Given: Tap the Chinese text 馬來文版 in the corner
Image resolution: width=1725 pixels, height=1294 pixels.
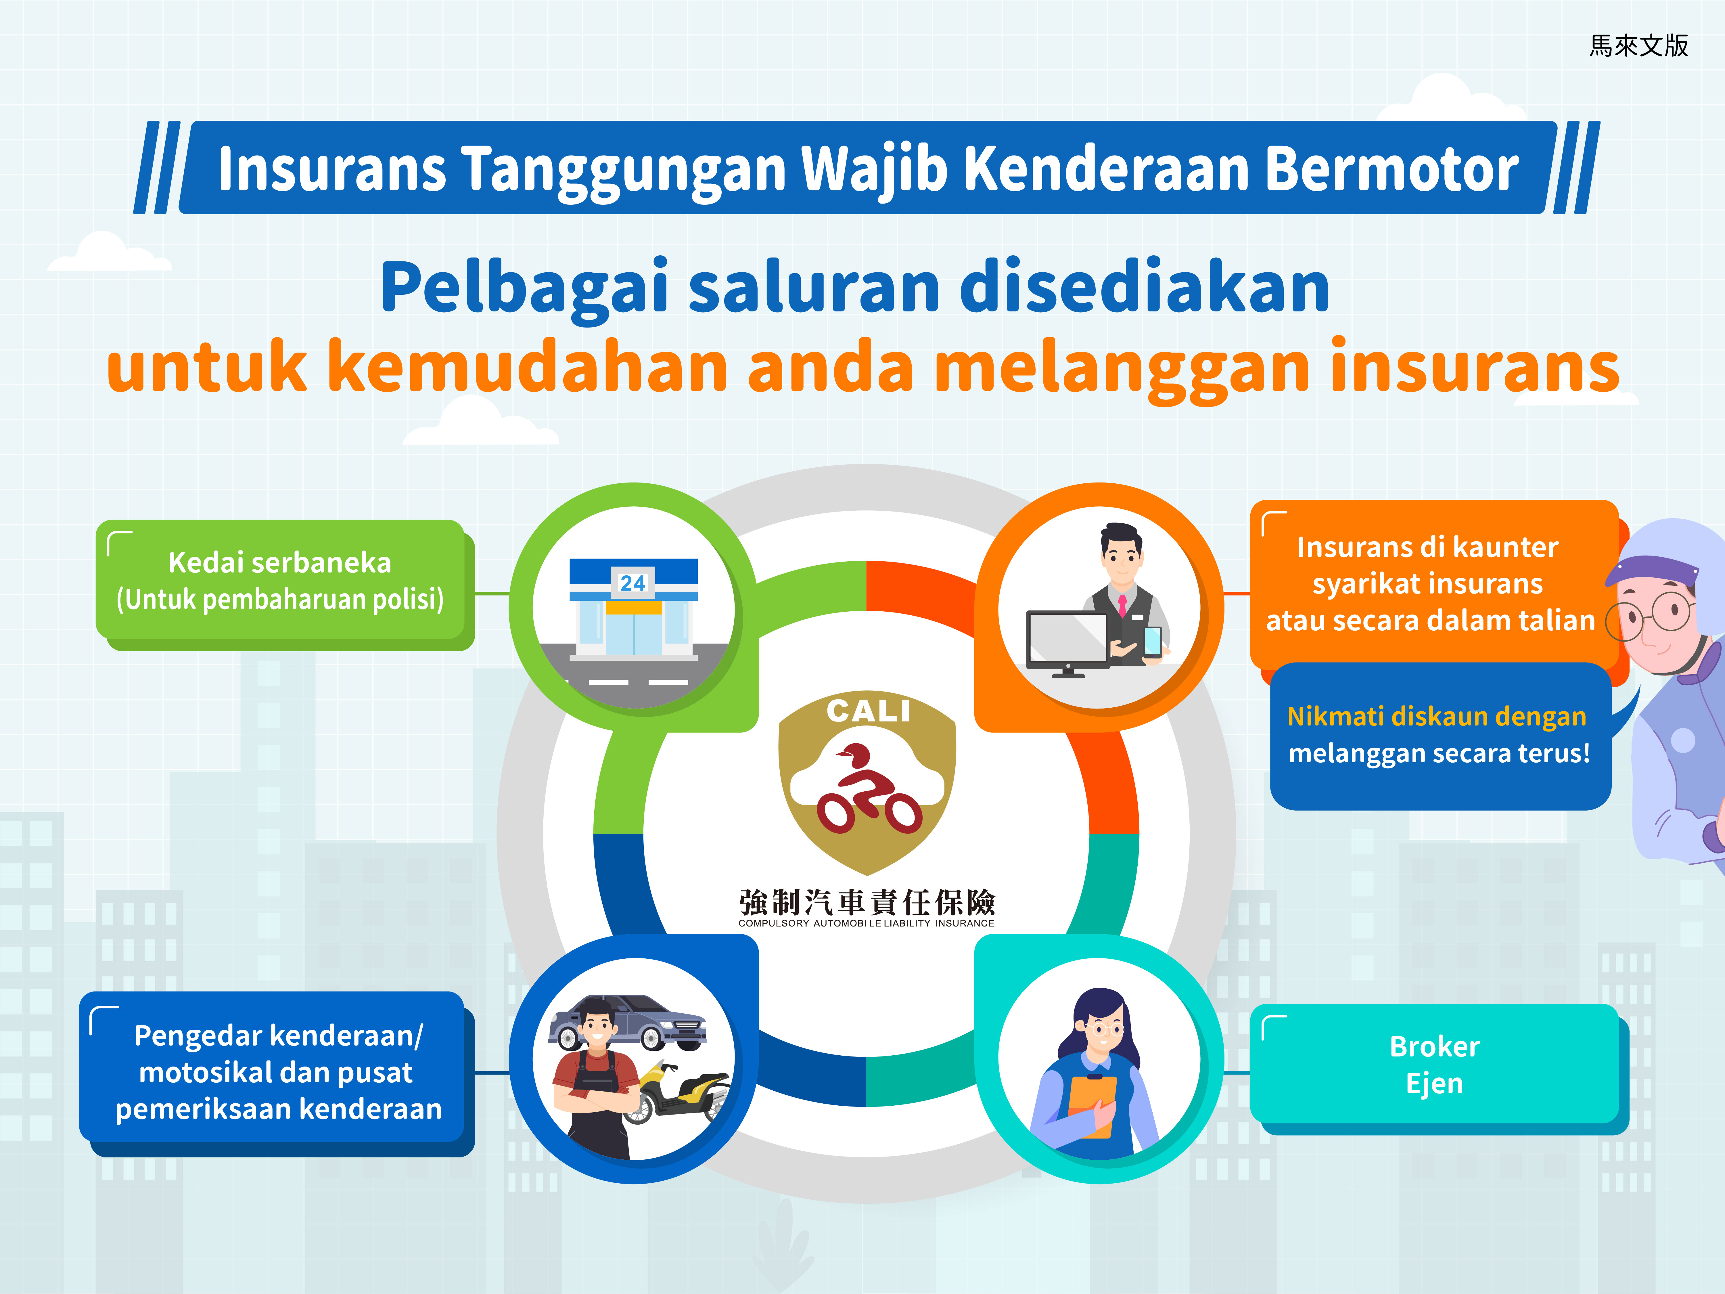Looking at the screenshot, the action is pos(1638,45).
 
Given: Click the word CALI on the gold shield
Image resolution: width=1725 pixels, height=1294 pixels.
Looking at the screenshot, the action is pos(868,711).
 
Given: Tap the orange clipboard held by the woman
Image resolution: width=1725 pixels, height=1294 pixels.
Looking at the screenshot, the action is pos(1092,1106).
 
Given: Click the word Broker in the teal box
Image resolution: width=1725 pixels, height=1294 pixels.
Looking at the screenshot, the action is pos(1434,1047).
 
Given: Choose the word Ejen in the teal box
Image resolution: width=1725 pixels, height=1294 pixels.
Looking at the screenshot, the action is pos(1434,1084).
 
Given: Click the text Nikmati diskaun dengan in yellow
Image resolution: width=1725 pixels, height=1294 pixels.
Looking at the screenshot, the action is pos(1436,716).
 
